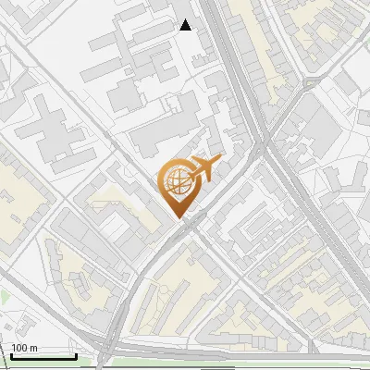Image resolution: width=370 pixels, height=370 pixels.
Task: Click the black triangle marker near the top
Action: coord(186,25)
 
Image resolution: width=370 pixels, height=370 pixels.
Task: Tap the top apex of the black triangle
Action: coord(186,19)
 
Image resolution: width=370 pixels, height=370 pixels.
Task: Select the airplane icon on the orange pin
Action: coord(203,168)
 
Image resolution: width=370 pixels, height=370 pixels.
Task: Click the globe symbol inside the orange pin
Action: coord(177,180)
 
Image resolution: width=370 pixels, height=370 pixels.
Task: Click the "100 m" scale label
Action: coord(24,348)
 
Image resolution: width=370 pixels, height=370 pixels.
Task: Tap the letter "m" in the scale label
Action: coord(33,348)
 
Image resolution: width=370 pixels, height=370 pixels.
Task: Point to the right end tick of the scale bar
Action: coord(76,354)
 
